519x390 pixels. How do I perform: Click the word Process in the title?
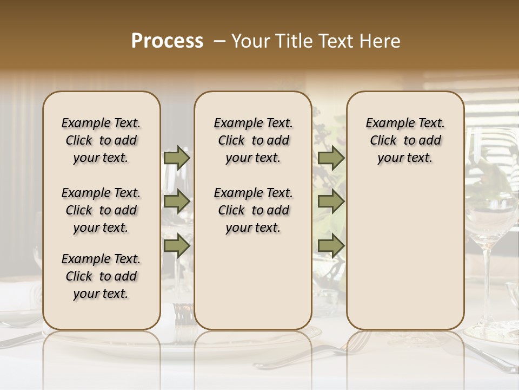(x=167, y=41)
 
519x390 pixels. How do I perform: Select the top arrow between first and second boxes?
(x=177, y=158)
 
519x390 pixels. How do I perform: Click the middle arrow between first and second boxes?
(x=177, y=202)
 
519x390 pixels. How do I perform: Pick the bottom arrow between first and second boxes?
(x=177, y=246)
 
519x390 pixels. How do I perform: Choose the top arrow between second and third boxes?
(x=331, y=158)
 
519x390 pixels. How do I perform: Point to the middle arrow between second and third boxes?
(x=331, y=202)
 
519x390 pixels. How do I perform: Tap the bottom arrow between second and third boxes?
(x=331, y=246)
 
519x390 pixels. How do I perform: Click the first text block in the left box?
(x=101, y=140)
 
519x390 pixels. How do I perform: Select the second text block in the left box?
(x=101, y=210)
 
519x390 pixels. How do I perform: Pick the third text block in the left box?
(x=101, y=276)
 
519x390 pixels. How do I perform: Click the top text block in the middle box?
(x=253, y=140)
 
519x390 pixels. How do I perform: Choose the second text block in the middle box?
(x=253, y=210)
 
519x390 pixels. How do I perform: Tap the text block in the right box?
(x=405, y=140)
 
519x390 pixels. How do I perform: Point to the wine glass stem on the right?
(x=487, y=282)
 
